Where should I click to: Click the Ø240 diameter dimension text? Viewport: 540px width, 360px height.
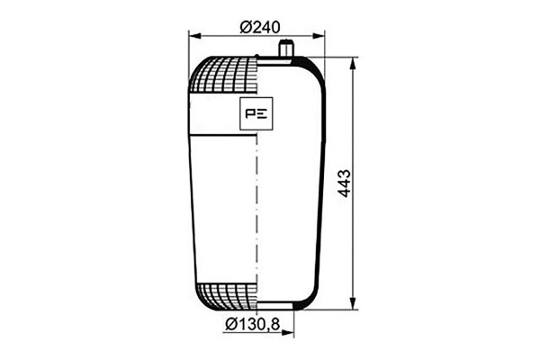click(x=260, y=27)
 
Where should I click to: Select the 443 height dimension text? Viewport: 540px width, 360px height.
click(x=344, y=184)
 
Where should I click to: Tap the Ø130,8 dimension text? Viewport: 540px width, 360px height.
click(x=252, y=324)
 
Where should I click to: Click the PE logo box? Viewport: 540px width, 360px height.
click(x=256, y=113)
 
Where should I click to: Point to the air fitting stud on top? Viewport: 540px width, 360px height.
click(x=285, y=49)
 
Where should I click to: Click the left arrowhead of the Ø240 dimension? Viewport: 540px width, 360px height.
click(x=195, y=36)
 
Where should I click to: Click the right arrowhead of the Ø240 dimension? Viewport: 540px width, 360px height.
click(x=319, y=36)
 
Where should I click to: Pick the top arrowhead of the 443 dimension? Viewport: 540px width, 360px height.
click(x=353, y=64)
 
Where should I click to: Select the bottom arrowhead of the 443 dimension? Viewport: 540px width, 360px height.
click(x=353, y=303)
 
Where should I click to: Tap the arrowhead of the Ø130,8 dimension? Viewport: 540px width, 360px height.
click(x=288, y=332)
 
